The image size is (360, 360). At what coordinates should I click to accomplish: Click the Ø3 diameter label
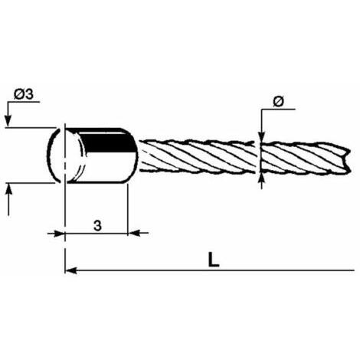click(x=24, y=94)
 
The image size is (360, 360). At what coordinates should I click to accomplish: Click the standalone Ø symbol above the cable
click(x=278, y=102)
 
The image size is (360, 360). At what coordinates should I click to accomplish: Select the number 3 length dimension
click(x=97, y=225)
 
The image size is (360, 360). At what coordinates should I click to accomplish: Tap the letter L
click(x=214, y=260)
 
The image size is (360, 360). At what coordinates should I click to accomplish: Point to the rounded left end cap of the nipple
click(x=54, y=155)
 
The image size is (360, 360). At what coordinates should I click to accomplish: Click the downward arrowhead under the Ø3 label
click(x=8, y=121)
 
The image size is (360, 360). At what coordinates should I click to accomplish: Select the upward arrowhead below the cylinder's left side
click(x=9, y=188)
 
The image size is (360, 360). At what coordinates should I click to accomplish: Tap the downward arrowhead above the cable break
click(x=261, y=136)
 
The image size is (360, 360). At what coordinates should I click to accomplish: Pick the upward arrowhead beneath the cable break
click(x=261, y=179)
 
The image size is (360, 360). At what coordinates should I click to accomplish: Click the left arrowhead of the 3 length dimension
click(x=59, y=233)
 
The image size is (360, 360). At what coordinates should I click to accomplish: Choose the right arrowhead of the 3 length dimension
click(x=133, y=233)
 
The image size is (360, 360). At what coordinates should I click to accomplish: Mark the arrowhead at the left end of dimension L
click(x=71, y=270)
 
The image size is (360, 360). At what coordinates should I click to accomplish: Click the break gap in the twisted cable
click(x=258, y=156)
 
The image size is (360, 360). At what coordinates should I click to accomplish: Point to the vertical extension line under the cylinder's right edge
click(x=127, y=208)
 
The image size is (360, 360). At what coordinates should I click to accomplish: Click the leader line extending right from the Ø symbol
click(x=278, y=110)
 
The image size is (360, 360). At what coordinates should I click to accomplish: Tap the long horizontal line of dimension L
click(x=210, y=270)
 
